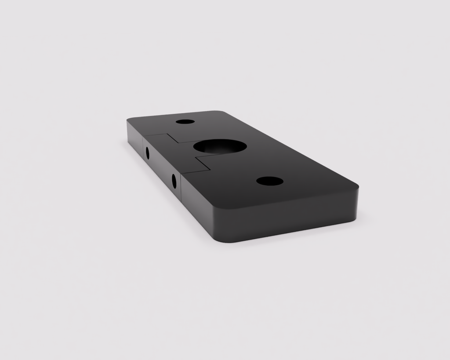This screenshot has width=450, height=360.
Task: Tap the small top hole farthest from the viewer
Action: point(185,122)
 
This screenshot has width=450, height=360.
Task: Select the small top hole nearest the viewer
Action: point(269,181)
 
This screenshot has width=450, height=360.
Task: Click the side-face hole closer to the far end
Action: point(147,153)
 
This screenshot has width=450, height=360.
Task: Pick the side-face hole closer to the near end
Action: point(174,181)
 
